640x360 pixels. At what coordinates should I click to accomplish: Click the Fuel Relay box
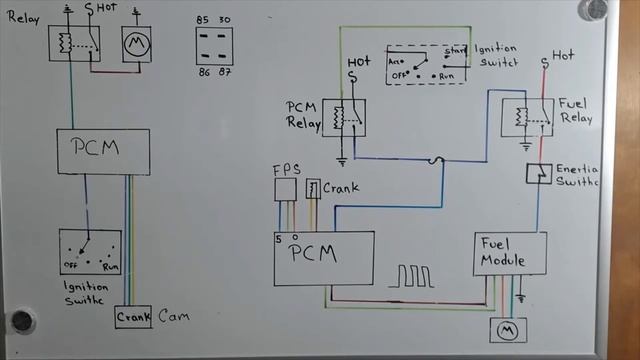[x=522, y=118]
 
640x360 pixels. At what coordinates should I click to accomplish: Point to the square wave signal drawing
[x=413, y=275]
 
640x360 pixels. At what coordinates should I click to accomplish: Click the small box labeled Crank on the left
[x=132, y=317]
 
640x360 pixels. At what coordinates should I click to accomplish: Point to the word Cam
[x=173, y=317]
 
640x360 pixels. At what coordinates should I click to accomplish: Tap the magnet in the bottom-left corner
[x=21, y=321]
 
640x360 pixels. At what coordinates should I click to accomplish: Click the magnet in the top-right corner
[x=596, y=9]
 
